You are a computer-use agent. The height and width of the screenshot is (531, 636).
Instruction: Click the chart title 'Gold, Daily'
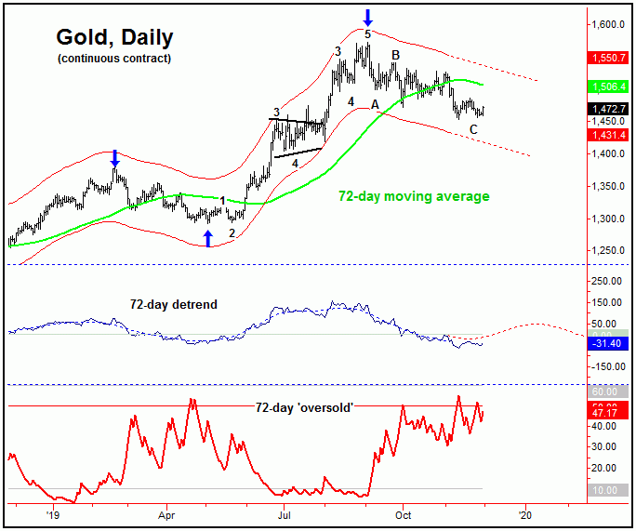click(x=114, y=38)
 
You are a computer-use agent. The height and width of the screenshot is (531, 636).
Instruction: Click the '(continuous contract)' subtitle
click(x=114, y=59)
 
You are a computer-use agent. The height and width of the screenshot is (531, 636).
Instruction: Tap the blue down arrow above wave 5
click(x=368, y=16)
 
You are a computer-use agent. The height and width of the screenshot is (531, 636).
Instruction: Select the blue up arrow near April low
click(x=207, y=238)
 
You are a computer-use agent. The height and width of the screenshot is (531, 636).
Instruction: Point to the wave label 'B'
click(x=395, y=56)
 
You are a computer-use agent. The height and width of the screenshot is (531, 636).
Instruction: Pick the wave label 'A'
click(x=375, y=103)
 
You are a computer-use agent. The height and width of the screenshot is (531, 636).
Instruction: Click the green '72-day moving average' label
click(x=413, y=196)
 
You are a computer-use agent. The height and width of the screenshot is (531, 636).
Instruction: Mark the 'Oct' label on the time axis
click(x=403, y=512)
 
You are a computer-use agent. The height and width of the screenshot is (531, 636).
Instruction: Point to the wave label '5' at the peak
click(x=367, y=34)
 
